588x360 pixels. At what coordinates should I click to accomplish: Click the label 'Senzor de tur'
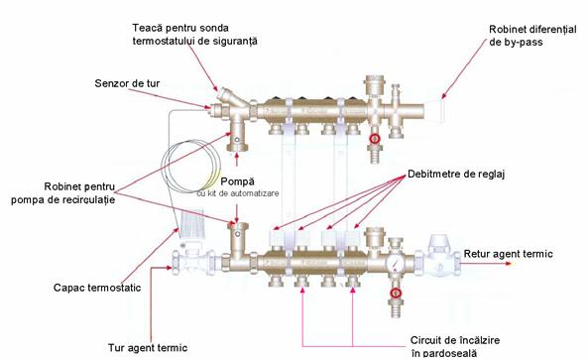point(127,83)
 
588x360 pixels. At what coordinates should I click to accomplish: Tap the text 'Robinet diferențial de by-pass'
point(532,36)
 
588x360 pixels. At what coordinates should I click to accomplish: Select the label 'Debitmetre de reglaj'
point(456,174)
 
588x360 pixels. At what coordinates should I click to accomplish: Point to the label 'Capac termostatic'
point(97,288)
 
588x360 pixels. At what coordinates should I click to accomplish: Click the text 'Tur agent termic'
point(148,348)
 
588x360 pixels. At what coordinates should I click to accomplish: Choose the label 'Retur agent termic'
point(508,254)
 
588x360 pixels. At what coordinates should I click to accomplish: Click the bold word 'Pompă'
point(237,181)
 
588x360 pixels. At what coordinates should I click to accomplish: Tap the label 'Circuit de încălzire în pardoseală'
point(454,346)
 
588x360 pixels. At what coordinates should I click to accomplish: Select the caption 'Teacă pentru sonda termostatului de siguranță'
point(195,35)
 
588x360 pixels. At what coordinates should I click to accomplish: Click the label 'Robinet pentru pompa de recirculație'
point(63,193)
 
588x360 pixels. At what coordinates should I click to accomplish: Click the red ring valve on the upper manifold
point(375,139)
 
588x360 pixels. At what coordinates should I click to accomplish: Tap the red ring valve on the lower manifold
point(396,293)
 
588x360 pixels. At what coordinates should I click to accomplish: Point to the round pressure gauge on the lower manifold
point(396,262)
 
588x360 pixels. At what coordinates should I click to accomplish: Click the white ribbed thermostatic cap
point(191,224)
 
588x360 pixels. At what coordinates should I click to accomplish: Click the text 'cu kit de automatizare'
point(238,193)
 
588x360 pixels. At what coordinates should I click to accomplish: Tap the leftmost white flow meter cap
point(278,237)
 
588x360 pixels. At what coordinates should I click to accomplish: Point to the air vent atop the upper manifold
point(373,86)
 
